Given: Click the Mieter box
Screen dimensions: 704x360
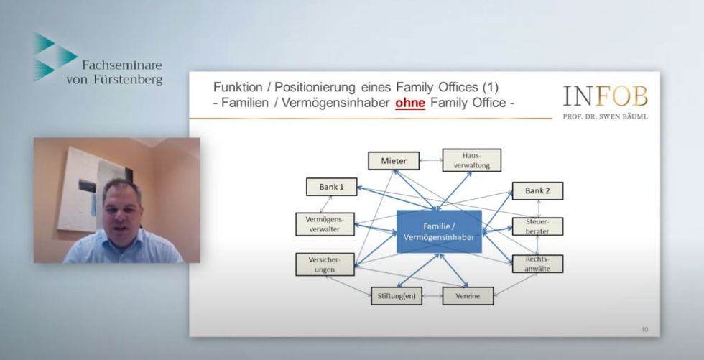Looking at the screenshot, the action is [x=394, y=161].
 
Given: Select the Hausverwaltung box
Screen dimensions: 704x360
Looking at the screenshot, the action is [x=472, y=160].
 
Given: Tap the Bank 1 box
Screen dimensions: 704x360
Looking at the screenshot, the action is [x=332, y=187].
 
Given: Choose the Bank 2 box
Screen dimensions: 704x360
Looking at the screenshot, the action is [x=538, y=190].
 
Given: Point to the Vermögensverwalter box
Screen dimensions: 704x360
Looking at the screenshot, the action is [x=325, y=224].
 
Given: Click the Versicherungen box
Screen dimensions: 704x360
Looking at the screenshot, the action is [x=325, y=264].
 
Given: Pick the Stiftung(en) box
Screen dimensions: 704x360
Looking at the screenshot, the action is [x=397, y=296].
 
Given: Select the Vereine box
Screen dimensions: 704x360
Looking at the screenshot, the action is [x=468, y=296].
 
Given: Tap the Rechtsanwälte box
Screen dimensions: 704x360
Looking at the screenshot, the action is [x=538, y=264].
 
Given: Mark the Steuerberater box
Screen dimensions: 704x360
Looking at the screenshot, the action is [x=538, y=226].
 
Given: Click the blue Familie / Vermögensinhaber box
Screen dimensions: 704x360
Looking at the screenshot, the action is [x=439, y=231].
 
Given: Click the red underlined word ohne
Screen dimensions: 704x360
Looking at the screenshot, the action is [x=410, y=103].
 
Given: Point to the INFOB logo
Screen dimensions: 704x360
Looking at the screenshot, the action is [x=605, y=96].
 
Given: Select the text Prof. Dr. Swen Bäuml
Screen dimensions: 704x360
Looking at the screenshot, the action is [x=605, y=116].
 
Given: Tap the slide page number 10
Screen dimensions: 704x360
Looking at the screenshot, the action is [x=645, y=330].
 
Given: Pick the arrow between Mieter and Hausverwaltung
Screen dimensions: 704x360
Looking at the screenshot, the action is [x=431, y=160].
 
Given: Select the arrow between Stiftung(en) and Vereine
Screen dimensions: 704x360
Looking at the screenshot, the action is [x=432, y=296].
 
